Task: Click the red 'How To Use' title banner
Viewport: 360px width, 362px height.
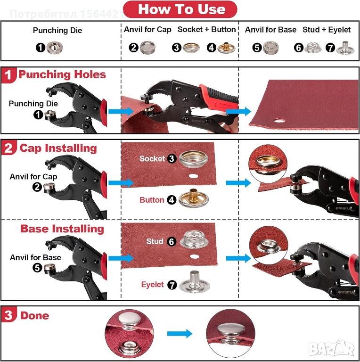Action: point(180,9)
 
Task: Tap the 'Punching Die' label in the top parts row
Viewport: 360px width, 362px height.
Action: point(57,30)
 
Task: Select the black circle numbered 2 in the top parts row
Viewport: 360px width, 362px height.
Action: point(134,48)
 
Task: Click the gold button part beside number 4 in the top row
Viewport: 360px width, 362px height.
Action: point(226,48)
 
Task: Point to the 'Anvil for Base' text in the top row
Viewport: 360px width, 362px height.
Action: point(270,30)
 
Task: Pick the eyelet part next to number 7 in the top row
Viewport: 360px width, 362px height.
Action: point(345,48)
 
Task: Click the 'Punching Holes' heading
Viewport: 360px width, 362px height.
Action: point(62,74)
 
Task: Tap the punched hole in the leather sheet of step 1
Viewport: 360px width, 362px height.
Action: point(279,121)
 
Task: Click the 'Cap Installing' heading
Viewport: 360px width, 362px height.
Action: point(58,148)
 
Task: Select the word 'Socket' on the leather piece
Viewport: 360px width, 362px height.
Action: point(152,158)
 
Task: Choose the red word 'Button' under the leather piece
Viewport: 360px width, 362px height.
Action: point(152,200)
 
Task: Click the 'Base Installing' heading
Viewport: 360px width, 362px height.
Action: point(62,229)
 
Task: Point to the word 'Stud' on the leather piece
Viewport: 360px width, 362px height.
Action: point(155,241)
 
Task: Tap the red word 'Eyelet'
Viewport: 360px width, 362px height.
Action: point(152,284)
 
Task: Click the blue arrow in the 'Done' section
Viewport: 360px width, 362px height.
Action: point(180,333)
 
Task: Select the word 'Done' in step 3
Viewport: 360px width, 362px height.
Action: point(35,316)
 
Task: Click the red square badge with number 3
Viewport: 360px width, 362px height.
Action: point(9,314)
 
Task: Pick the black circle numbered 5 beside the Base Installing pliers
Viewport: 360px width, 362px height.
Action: point(37,268)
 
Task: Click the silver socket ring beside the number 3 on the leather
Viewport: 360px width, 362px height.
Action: point(193,159)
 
